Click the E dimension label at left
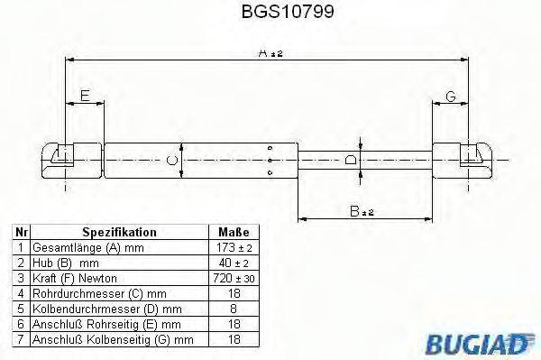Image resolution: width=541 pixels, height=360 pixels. point(84,95)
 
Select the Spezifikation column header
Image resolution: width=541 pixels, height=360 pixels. point(119,232)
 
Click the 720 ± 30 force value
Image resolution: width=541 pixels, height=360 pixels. point(234,278)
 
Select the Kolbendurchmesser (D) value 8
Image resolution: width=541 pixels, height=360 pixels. point(234,309)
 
